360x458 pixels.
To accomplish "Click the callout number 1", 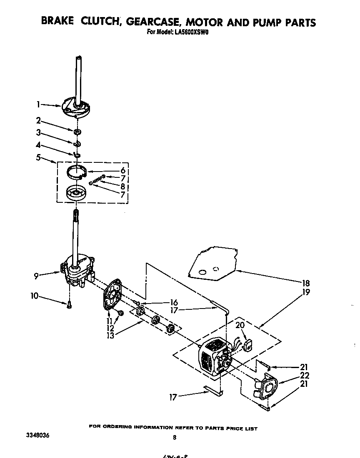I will pyautogui.click(x=38, y=104).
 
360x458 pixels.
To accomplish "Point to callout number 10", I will pyautogui.click(x=34, y=296).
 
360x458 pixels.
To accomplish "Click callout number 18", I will pyautogui.click(x=307, y=283).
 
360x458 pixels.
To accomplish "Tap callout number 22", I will pyautogui.click(x=304, y=375).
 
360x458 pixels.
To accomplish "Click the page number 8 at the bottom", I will pyautogui.click(x=175, y=437).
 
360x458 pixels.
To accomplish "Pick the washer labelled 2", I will pyautogui.click(x=77, y=132).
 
